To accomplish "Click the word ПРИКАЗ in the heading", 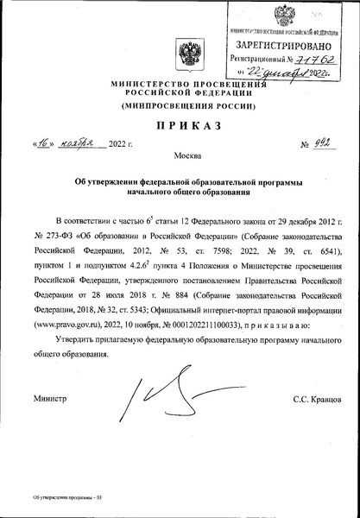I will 182,127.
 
